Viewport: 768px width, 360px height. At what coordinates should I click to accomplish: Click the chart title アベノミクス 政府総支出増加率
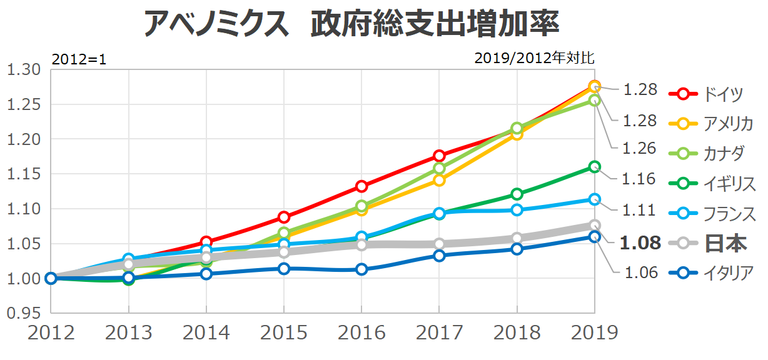click(x=350, y=24)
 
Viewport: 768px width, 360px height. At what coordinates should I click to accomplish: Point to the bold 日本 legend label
click(x=725, y=243)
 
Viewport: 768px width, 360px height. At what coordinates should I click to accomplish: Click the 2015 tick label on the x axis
click(x=284, y=332)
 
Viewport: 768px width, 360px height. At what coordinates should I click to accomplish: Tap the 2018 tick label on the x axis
click(x=517, y=332)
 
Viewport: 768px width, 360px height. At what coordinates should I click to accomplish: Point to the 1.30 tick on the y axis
click(x=24, y=69)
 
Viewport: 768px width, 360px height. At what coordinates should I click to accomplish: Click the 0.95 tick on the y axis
click(x=24, y=313)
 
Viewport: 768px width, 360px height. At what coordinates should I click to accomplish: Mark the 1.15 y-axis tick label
click(x=24, y=174)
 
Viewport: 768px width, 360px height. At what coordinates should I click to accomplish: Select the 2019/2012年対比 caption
click(x=534, y=58)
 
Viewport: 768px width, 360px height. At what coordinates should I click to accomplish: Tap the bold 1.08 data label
click(x=640, y=242)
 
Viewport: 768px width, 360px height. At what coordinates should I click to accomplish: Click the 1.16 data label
click(x=640, y=179)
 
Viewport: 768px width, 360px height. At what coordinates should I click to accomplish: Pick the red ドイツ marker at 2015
click(x=284, y=217)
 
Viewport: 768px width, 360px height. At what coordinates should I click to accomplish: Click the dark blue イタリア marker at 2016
click(x=361, y=269)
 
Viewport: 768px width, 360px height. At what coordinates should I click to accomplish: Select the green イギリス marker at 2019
click(x=594, y=167)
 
